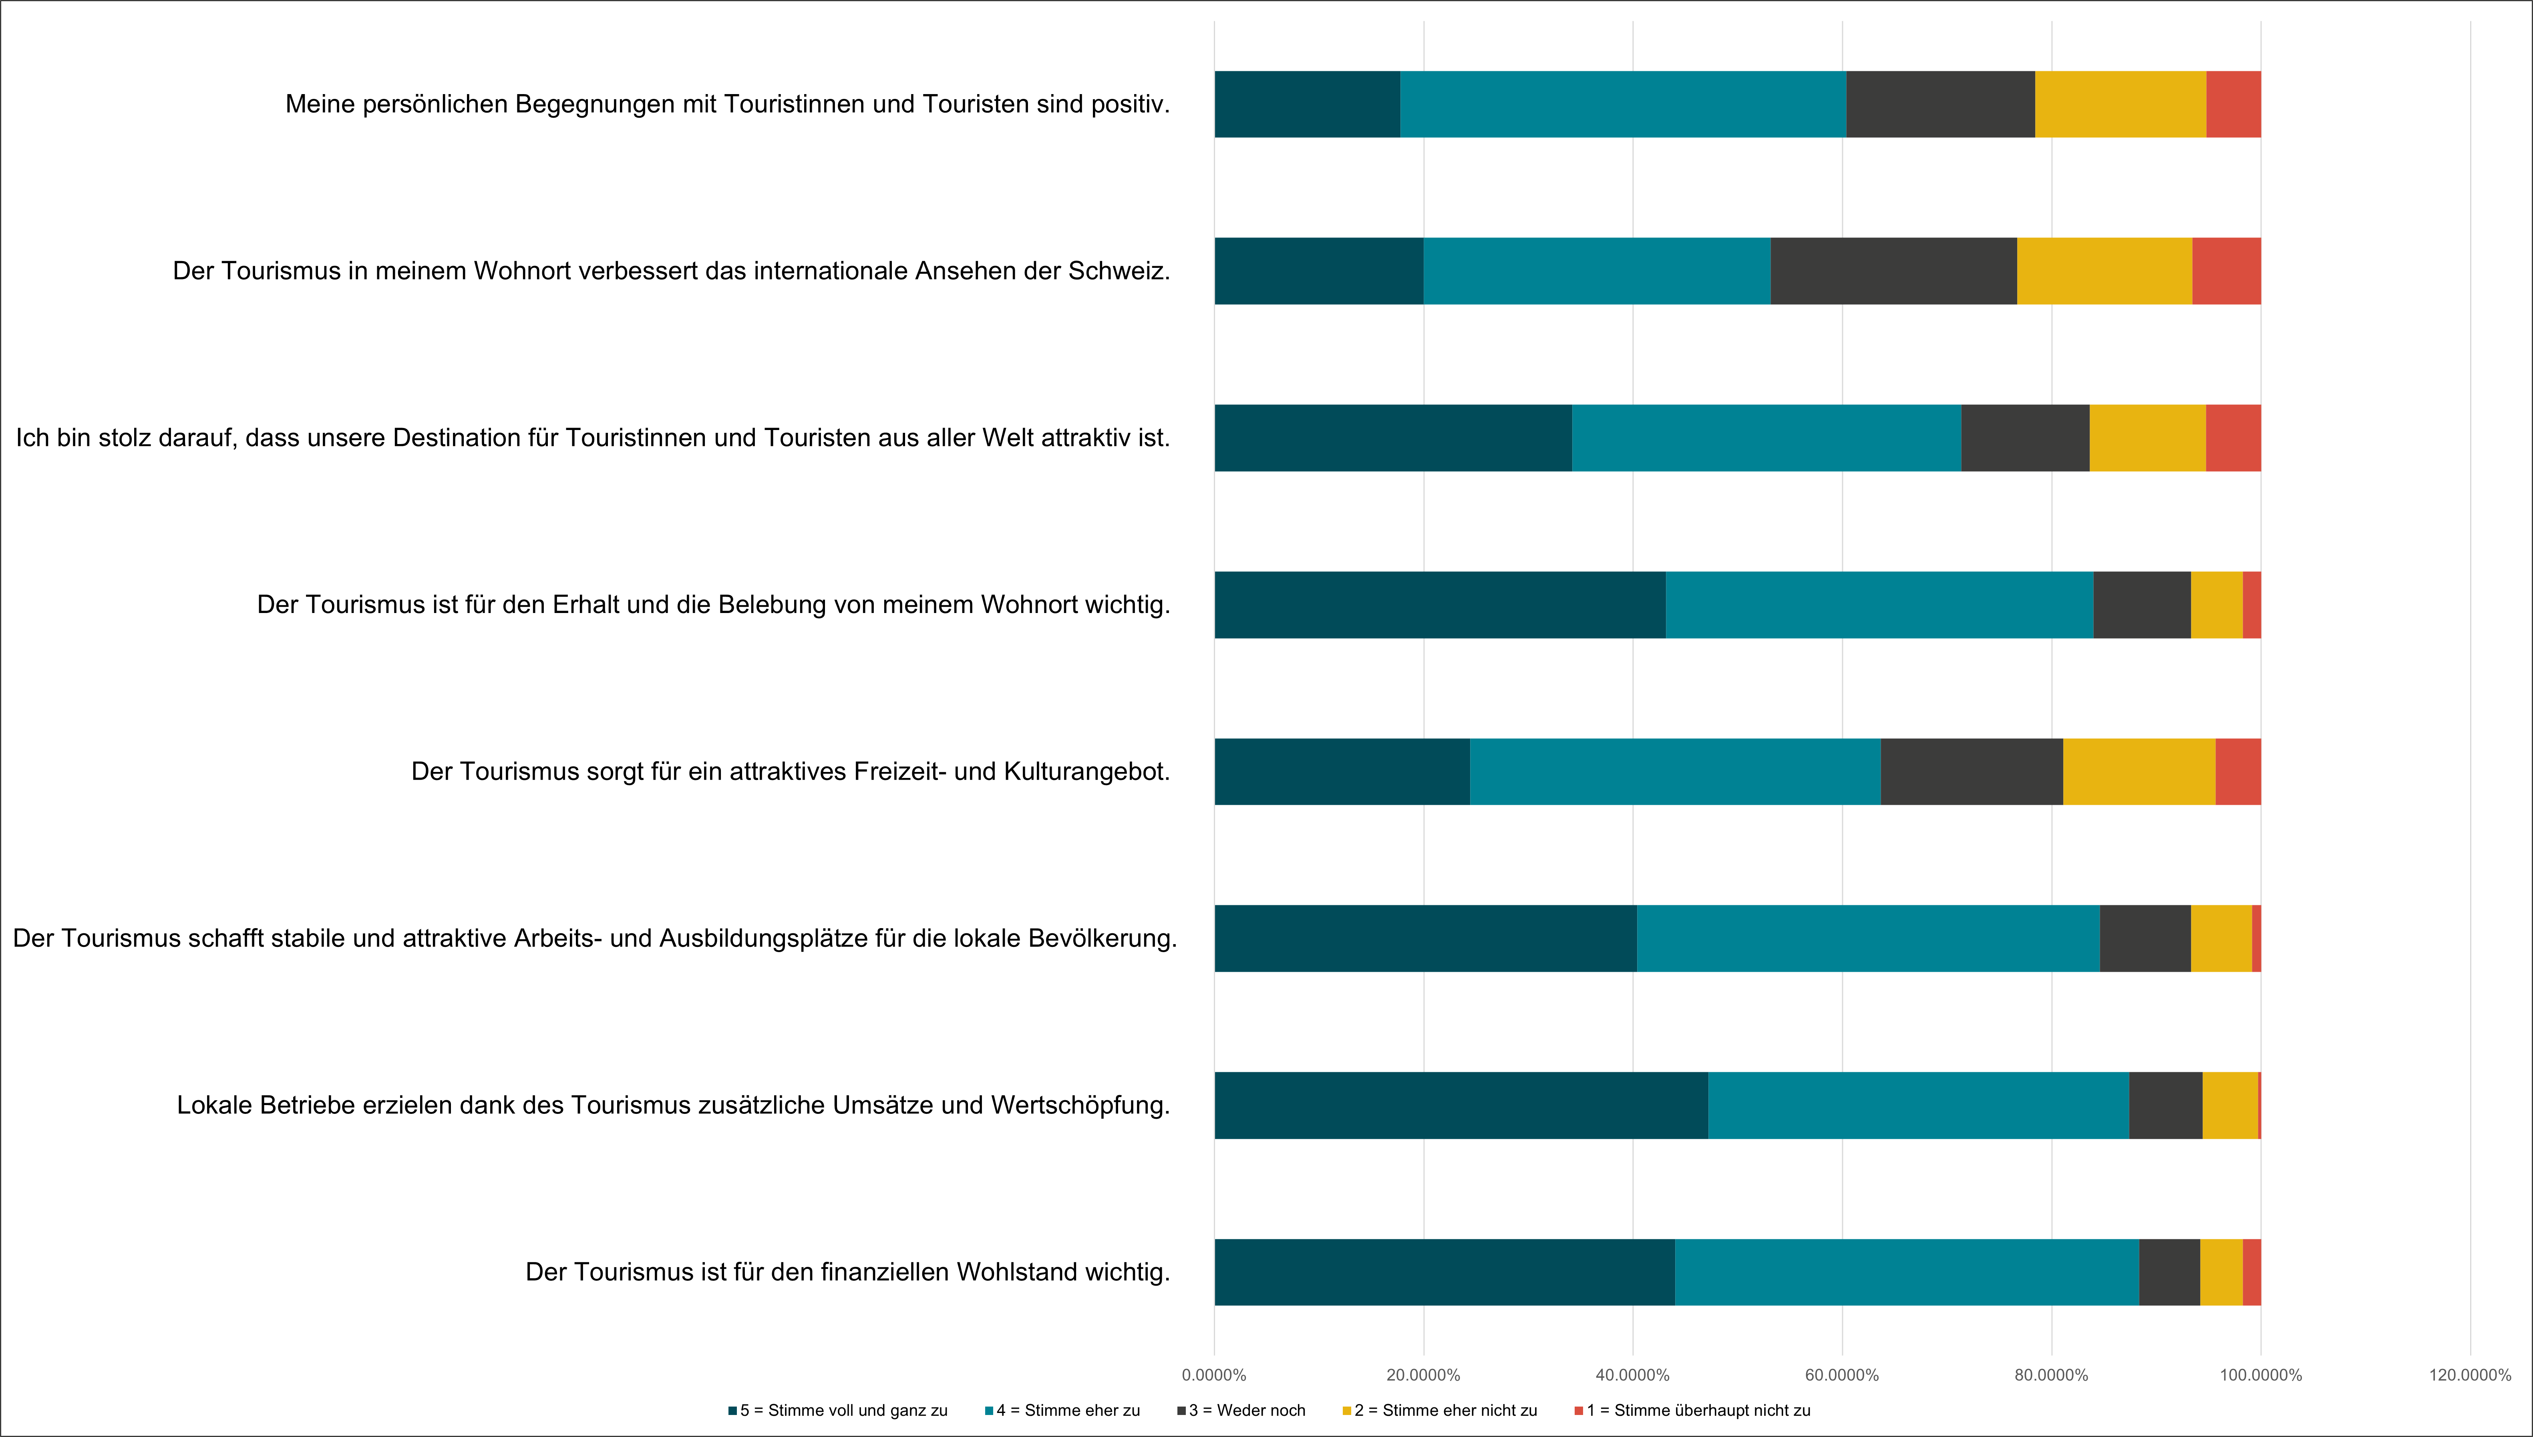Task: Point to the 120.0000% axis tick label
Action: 2470,1375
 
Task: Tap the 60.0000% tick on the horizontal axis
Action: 1842,1375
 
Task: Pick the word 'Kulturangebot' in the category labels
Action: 1086,772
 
